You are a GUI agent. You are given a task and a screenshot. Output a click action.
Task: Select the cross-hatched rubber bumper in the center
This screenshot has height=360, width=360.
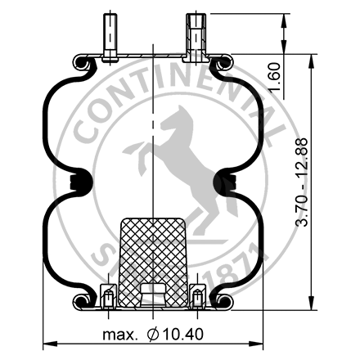tap(153, 260)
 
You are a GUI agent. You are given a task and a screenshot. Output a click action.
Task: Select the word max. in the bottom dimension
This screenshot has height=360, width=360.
tap(119, 335)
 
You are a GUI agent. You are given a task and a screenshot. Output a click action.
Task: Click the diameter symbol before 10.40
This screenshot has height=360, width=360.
tap(152, 335)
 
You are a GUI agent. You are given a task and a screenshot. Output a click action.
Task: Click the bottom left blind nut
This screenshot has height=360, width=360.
tap(107, 295)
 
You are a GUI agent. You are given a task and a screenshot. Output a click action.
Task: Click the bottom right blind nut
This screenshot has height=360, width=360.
tap(197, 295)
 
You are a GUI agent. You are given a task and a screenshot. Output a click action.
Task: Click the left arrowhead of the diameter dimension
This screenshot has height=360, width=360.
tap(47, 344)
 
